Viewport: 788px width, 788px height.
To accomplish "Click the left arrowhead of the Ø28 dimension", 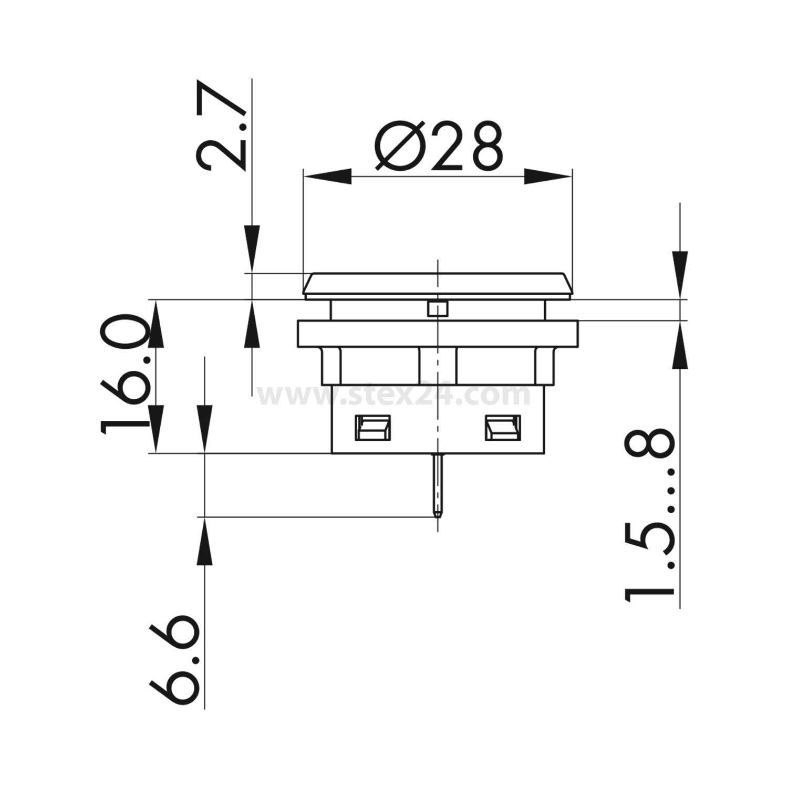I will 328,177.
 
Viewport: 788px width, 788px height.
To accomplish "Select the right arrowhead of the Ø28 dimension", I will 547,177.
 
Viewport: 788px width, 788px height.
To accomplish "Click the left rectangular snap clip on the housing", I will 374,427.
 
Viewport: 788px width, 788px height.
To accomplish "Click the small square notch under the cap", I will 437,309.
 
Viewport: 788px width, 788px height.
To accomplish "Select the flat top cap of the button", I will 437,285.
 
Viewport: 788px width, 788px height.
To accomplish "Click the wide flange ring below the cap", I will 437,334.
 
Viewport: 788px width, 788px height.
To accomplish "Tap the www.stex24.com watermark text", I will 394,395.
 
